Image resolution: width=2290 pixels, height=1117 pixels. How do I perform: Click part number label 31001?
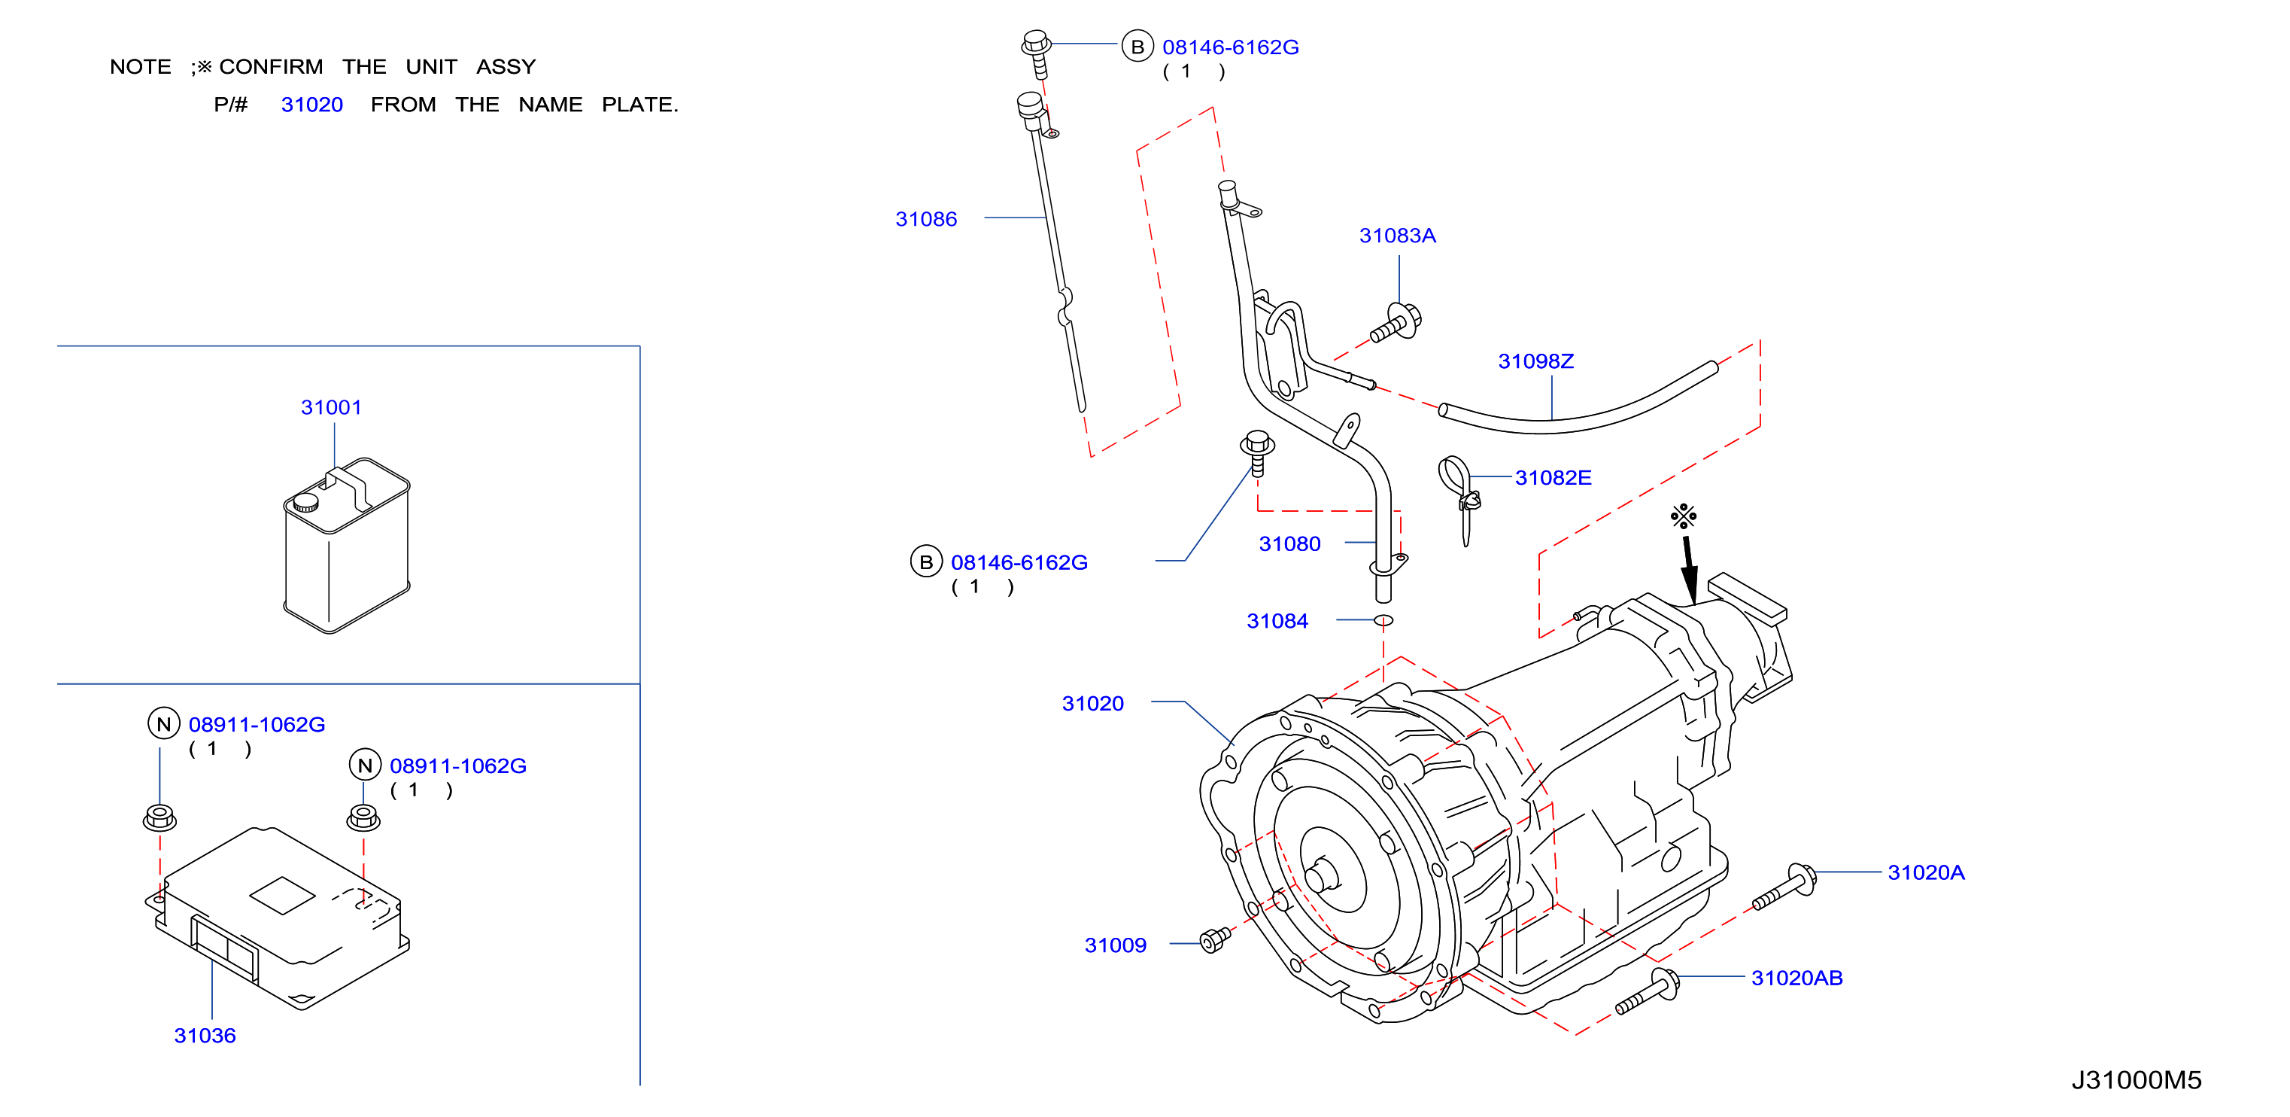pyautogui.click(x=331, y=407)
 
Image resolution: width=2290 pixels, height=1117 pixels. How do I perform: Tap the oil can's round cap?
pyautogui.click(x=305, y=503)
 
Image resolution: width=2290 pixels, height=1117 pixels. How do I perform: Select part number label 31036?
pyautogui.click(x=205, y=1035)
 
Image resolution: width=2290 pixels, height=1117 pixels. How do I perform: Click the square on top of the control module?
pyautogui.click(x=283, y=896)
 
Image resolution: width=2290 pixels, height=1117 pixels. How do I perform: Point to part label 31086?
pyautogui.click(x=926, y=219)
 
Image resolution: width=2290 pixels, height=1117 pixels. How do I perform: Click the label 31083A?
pyautogui.click(x=1398, y=236)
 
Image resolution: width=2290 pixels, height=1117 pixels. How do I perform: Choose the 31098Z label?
pyautogui.click(x=1535, y=361)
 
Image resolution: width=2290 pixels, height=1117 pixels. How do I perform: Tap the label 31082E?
pyautogui.click(x=1553, y=477)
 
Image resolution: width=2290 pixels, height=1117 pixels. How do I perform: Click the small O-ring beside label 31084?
pyautogui.click(x=1383, y=620)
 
